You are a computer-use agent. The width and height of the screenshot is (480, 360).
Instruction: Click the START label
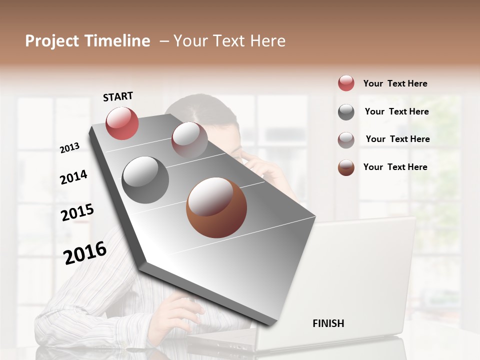[118, 96]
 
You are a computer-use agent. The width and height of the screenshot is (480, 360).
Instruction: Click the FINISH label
[328, 323]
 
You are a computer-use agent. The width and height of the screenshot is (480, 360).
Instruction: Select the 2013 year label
[69, 147]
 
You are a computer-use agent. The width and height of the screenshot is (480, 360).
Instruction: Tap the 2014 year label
[73, 177]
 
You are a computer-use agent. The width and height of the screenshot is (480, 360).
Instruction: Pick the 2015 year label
[77, 212]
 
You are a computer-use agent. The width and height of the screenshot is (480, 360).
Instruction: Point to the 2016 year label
[85, 252]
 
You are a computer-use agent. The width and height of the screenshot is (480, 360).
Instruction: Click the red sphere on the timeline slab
[122, 123]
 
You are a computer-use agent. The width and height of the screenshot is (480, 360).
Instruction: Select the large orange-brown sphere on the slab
[216, 207]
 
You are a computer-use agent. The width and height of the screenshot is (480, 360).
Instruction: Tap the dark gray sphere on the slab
[145, 180]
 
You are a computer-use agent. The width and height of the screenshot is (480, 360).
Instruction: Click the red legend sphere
[346, 83]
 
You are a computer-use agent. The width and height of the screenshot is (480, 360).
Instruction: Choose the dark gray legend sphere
[346, 112]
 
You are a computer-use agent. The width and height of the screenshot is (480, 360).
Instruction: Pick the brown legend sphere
[346, 167]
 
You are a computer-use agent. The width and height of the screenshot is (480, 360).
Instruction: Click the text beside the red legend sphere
[395, 83]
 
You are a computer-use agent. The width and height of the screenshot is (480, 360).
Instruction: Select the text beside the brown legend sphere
[395, 167]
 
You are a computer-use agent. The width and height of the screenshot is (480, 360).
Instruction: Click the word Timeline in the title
[117, 41]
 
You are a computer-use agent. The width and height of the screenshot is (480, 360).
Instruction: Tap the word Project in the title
[52, 41]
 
